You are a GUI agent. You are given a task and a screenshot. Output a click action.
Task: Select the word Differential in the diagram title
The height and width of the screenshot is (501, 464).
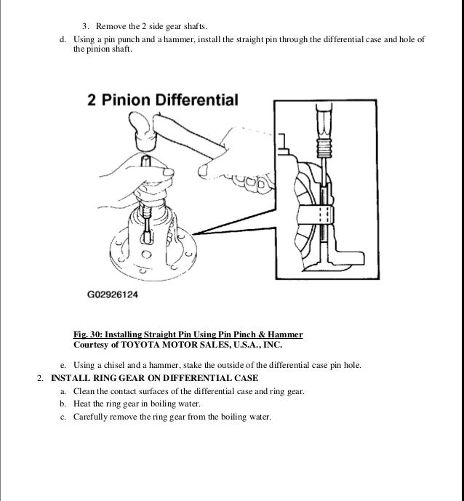203,100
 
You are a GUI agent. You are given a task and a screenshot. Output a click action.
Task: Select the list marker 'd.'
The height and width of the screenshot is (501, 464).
63,39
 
